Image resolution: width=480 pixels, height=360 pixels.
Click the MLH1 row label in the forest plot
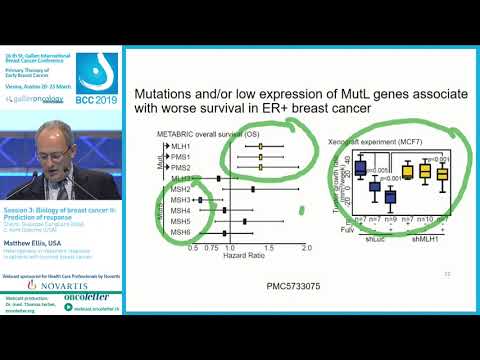click(x=181, y=146)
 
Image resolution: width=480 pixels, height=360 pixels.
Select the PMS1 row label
click(x=181, y=157)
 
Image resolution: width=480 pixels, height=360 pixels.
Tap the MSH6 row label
click(x=180, y=232)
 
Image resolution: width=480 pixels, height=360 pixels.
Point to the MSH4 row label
click(x=180, y=210)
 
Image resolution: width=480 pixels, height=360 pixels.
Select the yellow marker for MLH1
click(x=260, y=146)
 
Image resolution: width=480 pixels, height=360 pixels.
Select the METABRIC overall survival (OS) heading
click(x=216, y=133)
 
